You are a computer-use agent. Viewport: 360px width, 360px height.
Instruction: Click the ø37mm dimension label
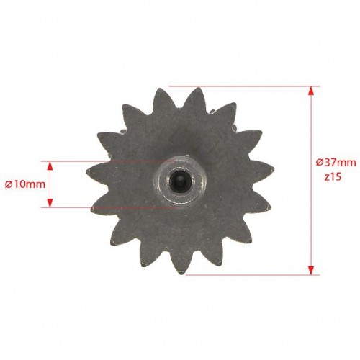coord(336,163)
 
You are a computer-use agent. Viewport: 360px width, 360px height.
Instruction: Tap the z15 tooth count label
coord(333,177)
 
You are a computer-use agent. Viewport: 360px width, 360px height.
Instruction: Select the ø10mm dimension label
coord(25,184)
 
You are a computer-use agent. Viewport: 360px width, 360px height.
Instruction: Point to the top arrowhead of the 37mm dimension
coord(311,91)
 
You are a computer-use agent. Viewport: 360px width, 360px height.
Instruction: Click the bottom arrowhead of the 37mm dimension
coord(311,270)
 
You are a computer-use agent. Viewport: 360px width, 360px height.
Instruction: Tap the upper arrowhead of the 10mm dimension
coord(50,166)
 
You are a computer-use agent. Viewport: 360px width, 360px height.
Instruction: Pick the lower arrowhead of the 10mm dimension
coord(50,202)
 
